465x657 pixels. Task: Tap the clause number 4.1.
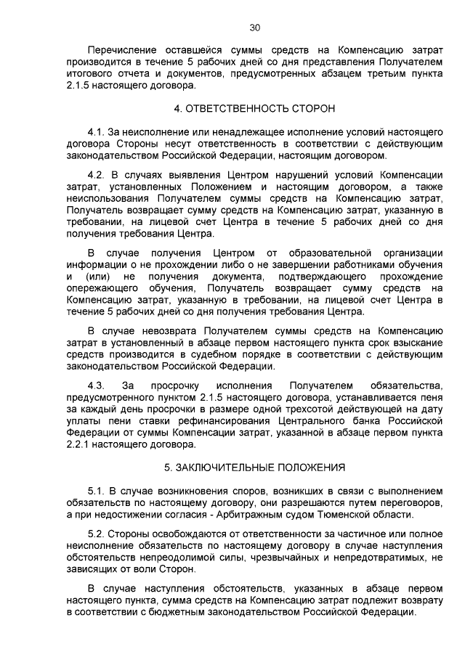96,132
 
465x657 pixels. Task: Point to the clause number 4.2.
96,174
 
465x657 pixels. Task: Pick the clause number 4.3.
96,384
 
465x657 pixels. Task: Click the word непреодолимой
181,557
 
